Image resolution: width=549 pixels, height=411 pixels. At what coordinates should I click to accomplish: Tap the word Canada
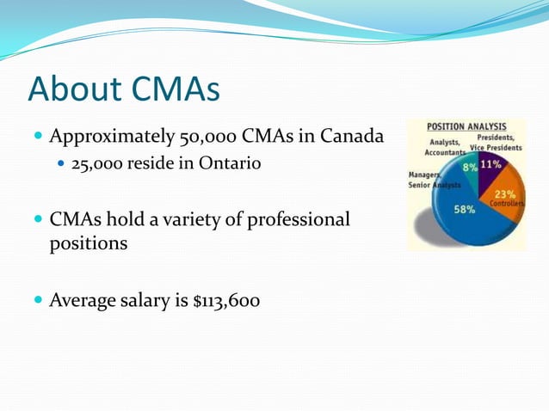pyautogui.click(x=349, y=137)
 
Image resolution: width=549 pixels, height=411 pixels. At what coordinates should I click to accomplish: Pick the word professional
pyautogui.click(x=299, y=219)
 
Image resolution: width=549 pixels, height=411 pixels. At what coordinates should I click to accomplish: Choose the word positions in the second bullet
pyautogui.click(x=89, y=243)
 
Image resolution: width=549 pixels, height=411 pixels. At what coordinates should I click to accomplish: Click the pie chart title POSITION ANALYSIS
pyautogui.click(x=466, y=126)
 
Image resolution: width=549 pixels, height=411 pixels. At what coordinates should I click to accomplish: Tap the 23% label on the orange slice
pyautogui.click(x=505, y=194)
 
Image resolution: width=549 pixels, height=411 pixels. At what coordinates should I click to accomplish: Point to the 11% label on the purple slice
pyautogui.click(x=491, y=163)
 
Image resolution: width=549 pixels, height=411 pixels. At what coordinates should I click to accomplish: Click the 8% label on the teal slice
pyautogui.click(x=469, y=167)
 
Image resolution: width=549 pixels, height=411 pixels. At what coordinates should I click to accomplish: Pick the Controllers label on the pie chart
pyautogui.click(x=507, y=204)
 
